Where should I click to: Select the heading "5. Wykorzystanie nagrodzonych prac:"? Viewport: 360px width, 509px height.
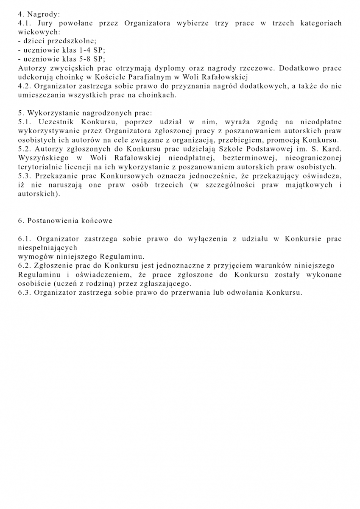85,113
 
